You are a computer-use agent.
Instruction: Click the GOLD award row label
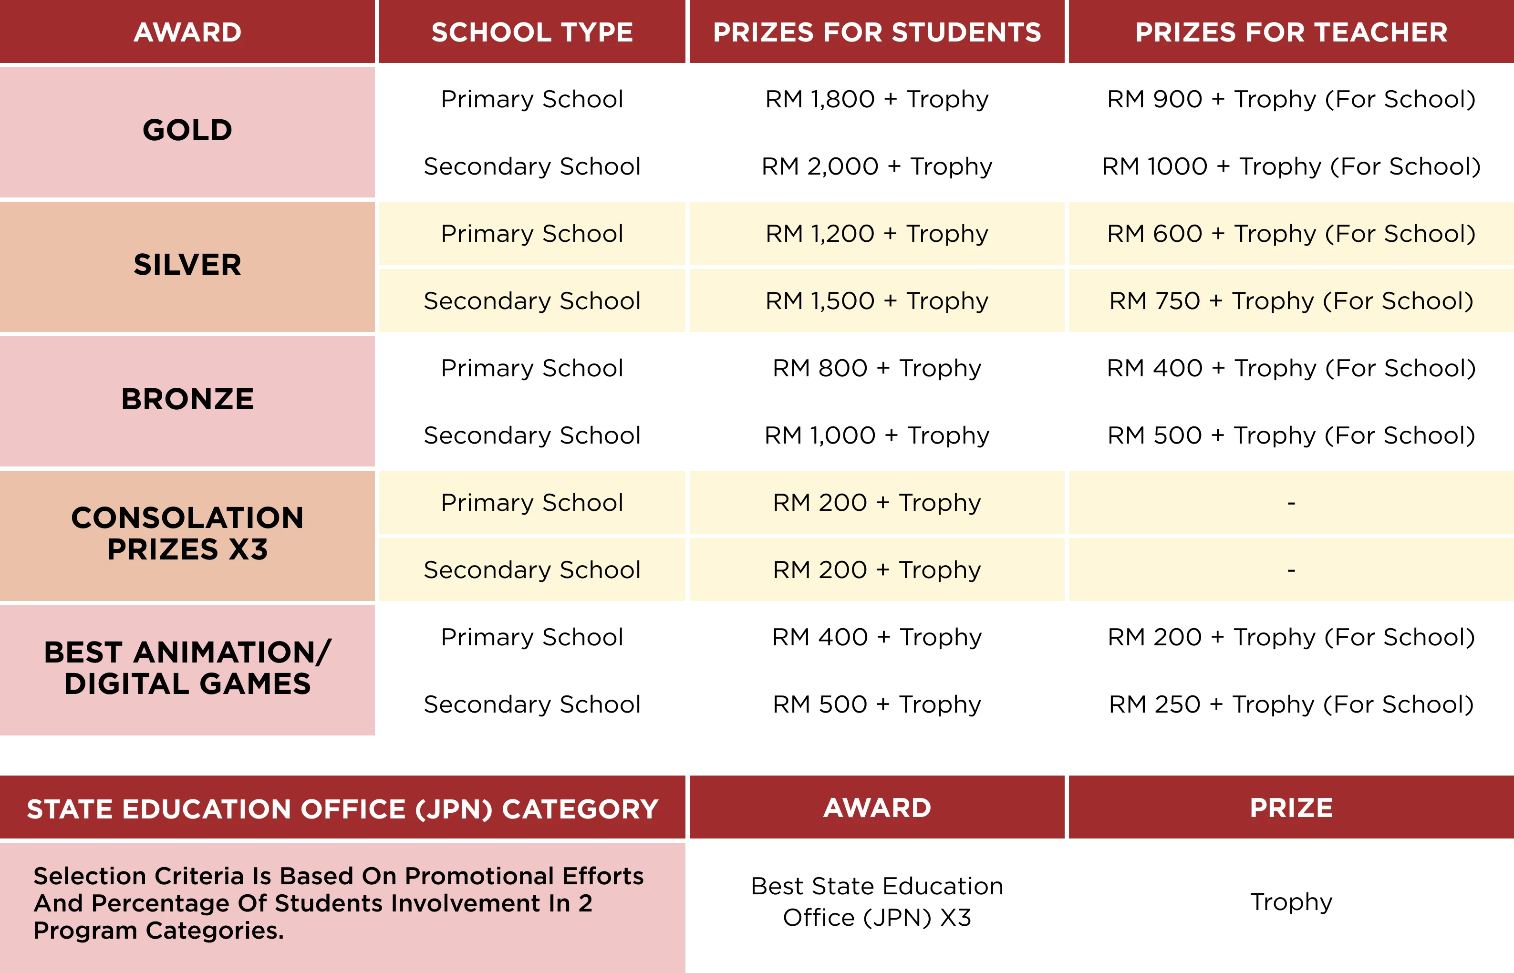click(187, 130)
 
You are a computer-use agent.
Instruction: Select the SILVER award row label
click(187, 265)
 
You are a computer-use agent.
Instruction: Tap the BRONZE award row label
click(187, 399)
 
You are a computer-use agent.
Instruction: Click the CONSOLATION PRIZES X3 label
click(187, 533)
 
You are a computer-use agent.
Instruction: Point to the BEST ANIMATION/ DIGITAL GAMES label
click(187, 668)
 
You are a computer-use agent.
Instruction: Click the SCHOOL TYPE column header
click(532, 32)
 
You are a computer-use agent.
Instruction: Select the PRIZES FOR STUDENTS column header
click(877, 32)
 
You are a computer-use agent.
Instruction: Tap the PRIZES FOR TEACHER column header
click(1291, 32)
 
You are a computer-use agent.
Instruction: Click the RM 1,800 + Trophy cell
click(877, 99)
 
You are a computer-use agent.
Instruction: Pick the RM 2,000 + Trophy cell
click(877, 166)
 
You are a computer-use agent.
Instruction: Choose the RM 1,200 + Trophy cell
click(877, 234)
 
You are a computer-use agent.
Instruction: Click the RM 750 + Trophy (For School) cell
click(1291, 301)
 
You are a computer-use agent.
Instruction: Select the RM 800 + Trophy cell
click(877, 368)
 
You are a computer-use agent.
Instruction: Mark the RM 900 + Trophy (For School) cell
click(1291, 99)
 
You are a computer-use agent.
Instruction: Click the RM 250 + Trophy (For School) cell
click(1291, 704)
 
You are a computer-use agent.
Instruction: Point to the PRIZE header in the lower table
click(1291, 808)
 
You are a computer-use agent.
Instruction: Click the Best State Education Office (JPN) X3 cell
click(877, 901)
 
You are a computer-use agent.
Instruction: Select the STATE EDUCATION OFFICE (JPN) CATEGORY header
click(342, 809)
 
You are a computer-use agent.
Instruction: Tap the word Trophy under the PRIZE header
click(1291, 901)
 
